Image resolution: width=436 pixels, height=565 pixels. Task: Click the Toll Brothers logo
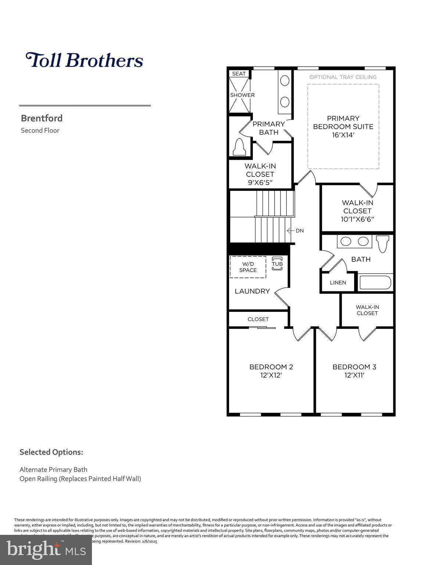84,60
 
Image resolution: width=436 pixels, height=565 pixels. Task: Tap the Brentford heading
42,118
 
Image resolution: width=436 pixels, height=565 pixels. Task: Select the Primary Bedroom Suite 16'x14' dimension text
343,135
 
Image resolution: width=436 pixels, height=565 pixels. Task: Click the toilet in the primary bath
239,147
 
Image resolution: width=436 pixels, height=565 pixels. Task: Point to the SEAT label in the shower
239,74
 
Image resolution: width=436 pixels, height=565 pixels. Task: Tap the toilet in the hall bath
383,244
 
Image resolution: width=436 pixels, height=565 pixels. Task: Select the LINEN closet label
338,282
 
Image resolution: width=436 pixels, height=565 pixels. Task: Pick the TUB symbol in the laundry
277,264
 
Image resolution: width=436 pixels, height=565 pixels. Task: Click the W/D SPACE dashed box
248,267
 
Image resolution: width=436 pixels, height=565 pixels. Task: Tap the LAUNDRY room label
252,291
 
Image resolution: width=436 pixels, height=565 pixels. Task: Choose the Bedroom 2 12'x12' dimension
271,375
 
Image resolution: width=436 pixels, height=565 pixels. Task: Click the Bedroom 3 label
354,367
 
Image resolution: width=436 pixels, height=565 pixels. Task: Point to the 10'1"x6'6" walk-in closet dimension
357,219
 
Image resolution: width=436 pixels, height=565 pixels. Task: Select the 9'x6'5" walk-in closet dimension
260,182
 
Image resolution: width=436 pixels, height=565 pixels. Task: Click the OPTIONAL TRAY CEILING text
343,77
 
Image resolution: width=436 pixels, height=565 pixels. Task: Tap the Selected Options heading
51,452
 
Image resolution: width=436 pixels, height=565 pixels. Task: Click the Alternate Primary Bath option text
53,469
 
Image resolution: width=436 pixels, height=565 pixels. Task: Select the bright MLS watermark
46,550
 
